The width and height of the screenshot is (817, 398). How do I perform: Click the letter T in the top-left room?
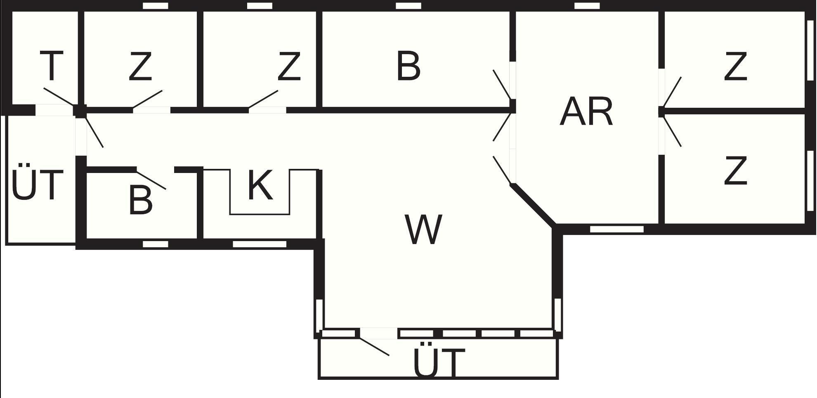[52, 66]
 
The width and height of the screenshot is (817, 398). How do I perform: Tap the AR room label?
[586, 112]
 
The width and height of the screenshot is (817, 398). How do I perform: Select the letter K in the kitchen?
[260, 185]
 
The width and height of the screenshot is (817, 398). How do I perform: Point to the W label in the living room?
[424, 230]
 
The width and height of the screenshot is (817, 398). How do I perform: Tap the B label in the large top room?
[408, 66]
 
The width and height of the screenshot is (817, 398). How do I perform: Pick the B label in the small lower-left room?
[140, 201]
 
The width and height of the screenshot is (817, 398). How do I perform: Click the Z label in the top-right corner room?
[735, 66]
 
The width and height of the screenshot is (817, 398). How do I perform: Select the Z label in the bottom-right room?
[735, 170]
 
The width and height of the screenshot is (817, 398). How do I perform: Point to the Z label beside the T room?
[140, 66]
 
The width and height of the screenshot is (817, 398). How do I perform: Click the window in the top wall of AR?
[587, 6]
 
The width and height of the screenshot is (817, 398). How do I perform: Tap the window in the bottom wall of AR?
[616, 229]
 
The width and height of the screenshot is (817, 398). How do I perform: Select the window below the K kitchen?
[260, 244]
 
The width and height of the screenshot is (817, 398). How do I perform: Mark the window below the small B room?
[155, 244]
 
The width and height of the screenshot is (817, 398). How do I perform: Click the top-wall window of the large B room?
[408, 6]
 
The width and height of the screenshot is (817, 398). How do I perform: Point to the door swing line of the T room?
[59, 97]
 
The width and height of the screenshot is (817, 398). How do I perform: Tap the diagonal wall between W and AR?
[533, 206]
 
